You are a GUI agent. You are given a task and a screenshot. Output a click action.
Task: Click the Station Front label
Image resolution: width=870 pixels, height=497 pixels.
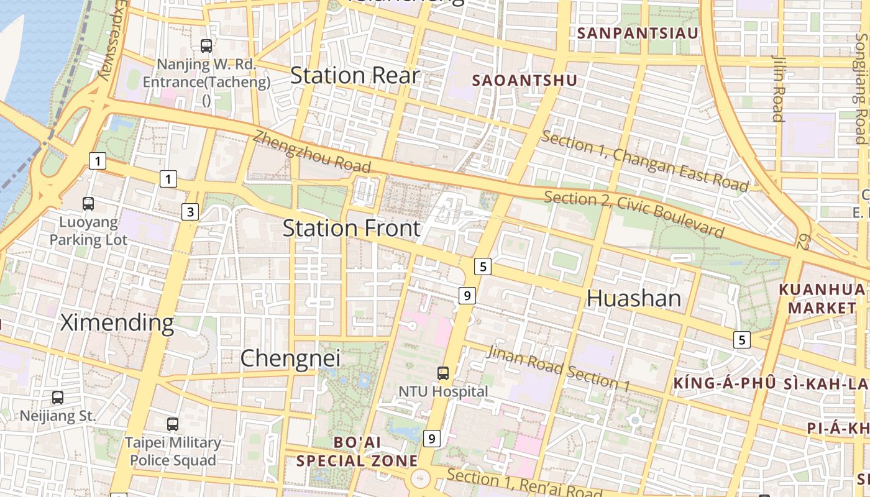(x=352, y=228)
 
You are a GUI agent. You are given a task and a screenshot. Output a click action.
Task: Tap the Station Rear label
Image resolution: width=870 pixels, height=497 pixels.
(x=355, y=76)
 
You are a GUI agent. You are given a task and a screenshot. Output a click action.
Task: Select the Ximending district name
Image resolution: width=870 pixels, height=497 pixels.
(x=117, y=323)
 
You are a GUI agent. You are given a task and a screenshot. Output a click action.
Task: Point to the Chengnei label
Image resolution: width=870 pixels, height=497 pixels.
(x=290, y=358)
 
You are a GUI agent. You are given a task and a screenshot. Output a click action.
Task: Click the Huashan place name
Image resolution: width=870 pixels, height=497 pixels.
(x=634, y=299)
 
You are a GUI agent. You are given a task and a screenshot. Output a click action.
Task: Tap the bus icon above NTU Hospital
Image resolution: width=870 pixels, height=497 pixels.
(x=443, y=373)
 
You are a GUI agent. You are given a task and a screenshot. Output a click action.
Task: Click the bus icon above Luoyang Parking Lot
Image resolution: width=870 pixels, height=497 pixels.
(x=88, y=203)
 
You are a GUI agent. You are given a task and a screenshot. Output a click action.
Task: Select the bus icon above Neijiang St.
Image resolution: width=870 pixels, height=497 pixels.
(x=58, y=397)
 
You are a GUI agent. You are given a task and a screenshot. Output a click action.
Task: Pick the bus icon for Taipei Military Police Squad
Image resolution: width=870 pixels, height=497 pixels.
(x=173, y=424)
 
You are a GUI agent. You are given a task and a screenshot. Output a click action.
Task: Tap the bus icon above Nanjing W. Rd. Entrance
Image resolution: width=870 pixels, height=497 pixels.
(x=206, y=45)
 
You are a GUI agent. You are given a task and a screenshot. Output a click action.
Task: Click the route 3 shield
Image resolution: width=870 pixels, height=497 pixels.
(x=190, y=212)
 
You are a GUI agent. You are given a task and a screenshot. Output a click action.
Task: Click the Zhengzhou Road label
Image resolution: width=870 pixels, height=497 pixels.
(x=312, y=152)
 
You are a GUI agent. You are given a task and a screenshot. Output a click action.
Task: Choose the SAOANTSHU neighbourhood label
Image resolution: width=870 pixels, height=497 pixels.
(x=524, y=80)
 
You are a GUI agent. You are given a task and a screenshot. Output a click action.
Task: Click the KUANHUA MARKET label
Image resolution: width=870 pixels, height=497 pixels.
(x=822, y=299)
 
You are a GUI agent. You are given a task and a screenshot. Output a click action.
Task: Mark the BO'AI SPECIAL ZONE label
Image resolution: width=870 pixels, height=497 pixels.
(x=357, y=452)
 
